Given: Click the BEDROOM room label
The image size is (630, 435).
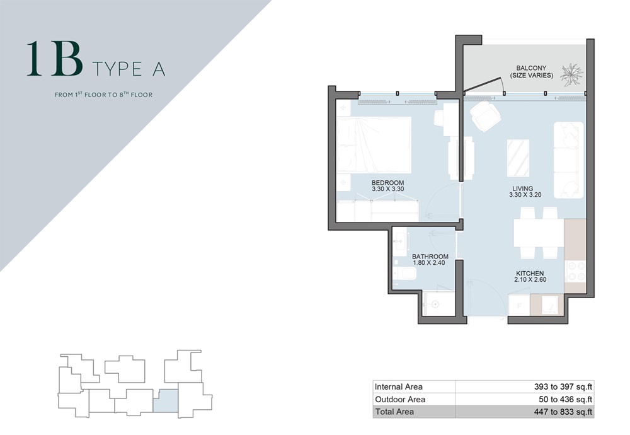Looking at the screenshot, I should [x=387, y=183].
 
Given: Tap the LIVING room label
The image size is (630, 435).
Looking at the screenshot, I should [x=522, y=188].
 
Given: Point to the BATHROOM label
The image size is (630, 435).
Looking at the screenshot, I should [x=430, y=257].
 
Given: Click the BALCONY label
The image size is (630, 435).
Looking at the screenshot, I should [x=531, y=68].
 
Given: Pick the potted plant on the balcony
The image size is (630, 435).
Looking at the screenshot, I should [x=572, y=74].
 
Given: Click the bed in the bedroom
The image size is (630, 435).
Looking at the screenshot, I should [x=374, y=144].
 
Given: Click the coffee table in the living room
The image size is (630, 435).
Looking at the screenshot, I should [x=518, y=157].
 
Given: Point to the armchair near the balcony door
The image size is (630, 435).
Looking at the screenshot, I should [x=486, y=116].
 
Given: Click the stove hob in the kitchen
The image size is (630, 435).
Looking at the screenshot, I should [x=575, y=271].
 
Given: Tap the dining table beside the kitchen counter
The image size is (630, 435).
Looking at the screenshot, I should [x=538, y=233].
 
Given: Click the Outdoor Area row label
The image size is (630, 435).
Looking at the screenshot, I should [x=399, y=399].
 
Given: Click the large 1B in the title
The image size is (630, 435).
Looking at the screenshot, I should [x=55, y=60].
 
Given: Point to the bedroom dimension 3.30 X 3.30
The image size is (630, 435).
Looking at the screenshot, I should [x=387, y=189].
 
